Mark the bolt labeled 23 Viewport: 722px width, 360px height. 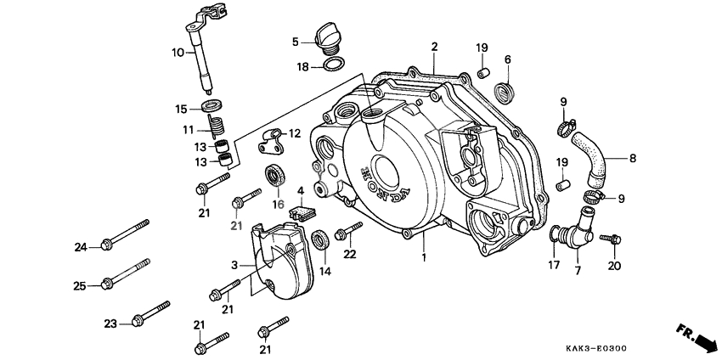tap(149, 313)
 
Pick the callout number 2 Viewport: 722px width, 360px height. tap(433, 46)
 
